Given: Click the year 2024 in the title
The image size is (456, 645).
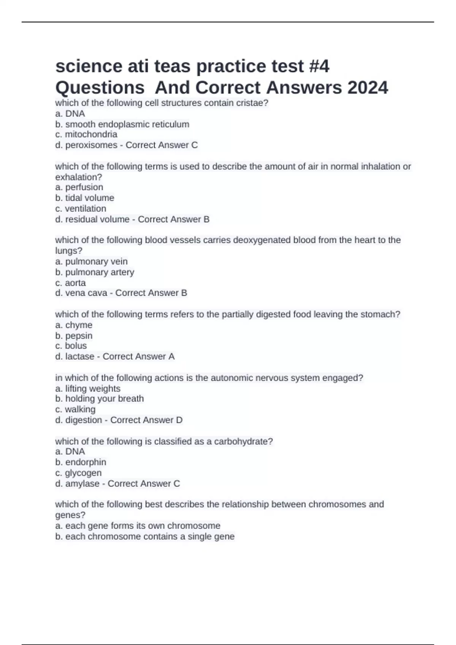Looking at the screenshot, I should tap(367, 88).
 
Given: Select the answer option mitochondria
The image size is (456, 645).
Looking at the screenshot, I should tap(91, 134).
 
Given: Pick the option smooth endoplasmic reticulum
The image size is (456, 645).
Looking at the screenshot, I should tap(127, 124).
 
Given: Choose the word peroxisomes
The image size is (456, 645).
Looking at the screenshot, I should tap(91, 145).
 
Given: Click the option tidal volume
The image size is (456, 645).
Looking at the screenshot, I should tap(90, 198).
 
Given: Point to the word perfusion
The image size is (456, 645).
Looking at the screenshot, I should tap(84, 187).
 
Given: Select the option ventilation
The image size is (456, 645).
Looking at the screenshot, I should tap(85, 208).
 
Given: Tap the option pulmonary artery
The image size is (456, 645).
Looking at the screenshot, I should tap(100, 272).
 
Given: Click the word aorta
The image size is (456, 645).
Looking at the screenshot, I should tap(75, 283).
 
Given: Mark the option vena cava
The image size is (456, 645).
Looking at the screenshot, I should tap(86, 293).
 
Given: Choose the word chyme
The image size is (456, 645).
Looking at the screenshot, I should tap(79, 325).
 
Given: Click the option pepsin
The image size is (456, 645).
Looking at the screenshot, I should tap(79, 336).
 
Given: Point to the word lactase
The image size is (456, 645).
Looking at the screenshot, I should tap(80, 356).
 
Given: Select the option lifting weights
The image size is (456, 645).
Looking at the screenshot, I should tap(93, 389).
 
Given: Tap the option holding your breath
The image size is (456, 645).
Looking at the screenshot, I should tap(104, 398).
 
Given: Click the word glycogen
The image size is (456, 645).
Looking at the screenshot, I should tap(83, 473).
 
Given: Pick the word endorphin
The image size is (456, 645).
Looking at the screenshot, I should tap(85, 462).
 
